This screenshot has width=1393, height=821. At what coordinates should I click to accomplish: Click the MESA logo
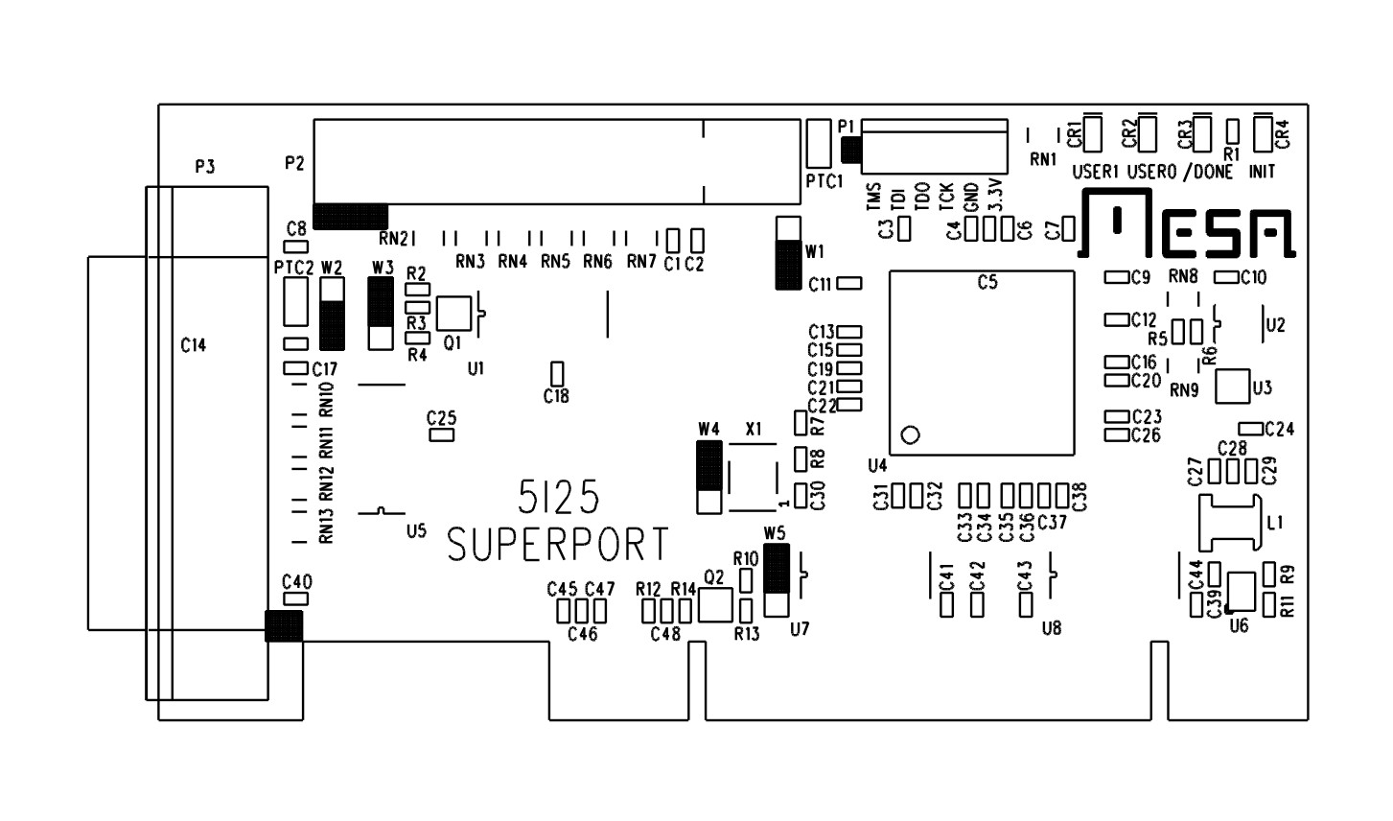click(1187, 223)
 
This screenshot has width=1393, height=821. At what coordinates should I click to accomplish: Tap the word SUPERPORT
click(558, 544)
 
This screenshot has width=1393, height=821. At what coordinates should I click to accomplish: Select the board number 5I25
click(558, 497)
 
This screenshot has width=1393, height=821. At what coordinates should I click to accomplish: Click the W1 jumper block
click(788, 252)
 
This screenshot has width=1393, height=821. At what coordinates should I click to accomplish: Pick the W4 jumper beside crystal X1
click(708, 477)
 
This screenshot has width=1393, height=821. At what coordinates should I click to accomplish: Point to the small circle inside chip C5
click(910, 434)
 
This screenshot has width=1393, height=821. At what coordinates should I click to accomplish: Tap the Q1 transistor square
click(453, 314)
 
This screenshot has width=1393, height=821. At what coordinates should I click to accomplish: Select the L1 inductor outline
click(1230, 523)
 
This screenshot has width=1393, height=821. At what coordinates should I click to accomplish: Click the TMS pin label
click(873, 197)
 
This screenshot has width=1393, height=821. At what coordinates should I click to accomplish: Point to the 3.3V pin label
click(995, 196)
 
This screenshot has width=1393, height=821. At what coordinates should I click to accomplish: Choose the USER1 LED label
click(1096, 172)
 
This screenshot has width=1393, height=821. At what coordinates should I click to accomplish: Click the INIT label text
click(1262, 171)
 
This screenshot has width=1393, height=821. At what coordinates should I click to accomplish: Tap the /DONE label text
click(1208, 172)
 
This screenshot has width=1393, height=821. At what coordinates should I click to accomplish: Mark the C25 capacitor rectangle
click(442, 434)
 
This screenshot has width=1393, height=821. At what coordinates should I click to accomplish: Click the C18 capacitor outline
click(557, 374)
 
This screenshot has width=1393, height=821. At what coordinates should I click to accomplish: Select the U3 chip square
click(1233, 387)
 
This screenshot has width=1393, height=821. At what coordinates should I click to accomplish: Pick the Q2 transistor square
click(715, 604)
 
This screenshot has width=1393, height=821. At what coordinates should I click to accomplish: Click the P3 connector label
click(205, 167)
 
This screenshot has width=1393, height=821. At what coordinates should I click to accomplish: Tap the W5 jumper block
click(777, 580)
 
